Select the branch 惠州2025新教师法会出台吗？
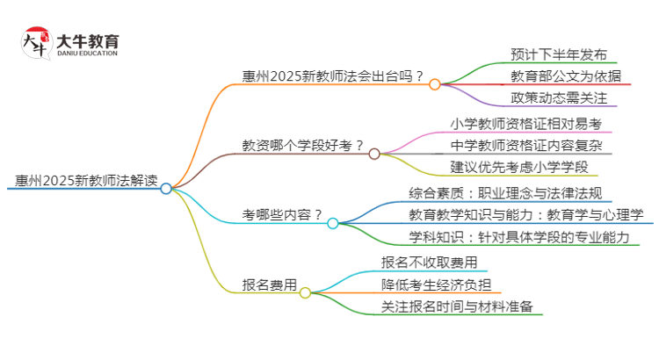tap(334, 76)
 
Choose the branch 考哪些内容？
tap(282, 215)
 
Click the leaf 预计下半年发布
tap(558, 54)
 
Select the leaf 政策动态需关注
tap(558, 97)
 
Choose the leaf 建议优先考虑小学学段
tap(519, 166)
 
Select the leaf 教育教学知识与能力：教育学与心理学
tap(526, 214)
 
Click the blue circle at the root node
tap(166, 188)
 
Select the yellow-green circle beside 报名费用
tap(305, 292)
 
